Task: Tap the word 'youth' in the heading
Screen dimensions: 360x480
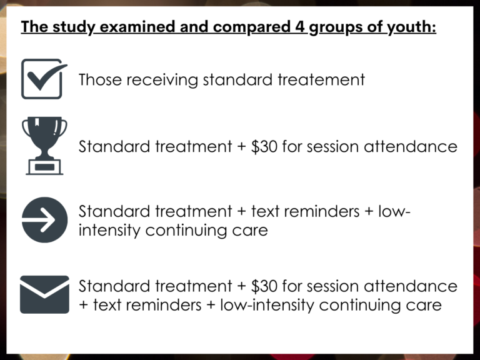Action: [409, 28]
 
